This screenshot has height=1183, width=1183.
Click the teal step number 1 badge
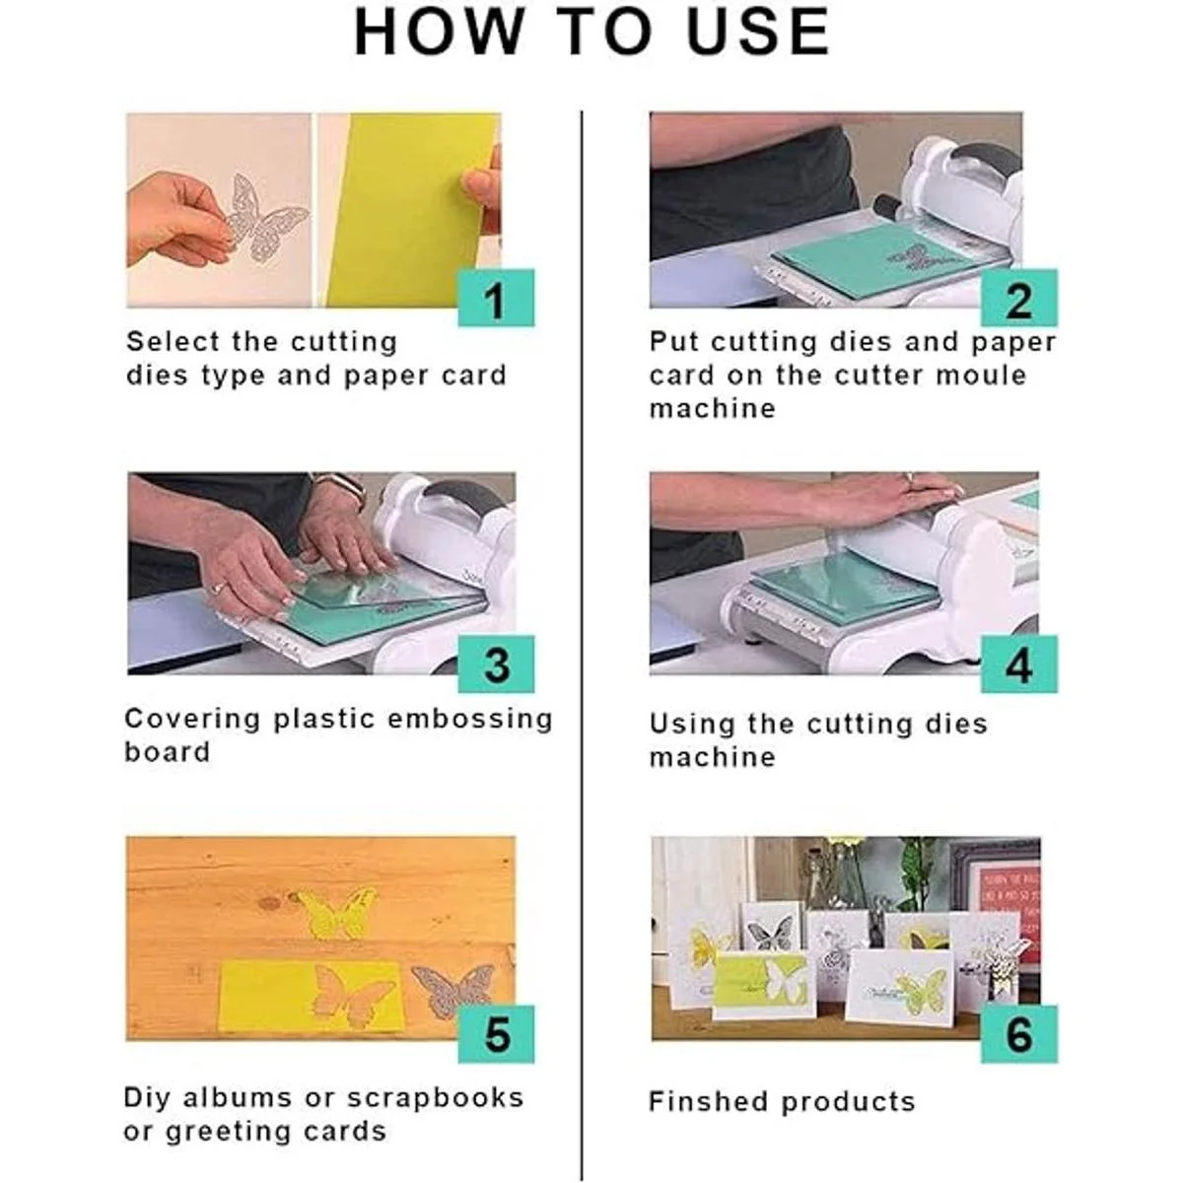coord(496,298)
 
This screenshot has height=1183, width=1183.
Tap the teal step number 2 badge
coord(1019,298)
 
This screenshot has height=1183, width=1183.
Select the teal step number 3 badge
coord(496,664)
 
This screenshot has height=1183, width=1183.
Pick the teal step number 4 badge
coord(1019,664)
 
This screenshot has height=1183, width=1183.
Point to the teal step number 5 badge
coord(496,1034)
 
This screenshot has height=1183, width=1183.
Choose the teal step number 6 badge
coord(1019,1034)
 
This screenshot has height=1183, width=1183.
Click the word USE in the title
coord(758,31)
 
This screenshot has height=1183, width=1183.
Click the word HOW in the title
coord(440,31)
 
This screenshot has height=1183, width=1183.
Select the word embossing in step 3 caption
coord(470,720)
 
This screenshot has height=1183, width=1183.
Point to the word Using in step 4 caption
coord(692,725)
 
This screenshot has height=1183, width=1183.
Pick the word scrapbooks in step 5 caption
coord(436,1097)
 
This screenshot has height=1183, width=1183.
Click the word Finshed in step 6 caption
coord(708,1101)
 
